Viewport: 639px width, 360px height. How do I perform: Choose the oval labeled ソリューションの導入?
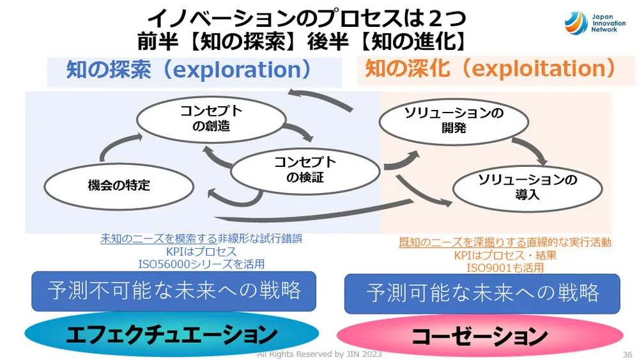tap(527, 187)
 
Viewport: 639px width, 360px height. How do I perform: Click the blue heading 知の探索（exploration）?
tap(189, 69)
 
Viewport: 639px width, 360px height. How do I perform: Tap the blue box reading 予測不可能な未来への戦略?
tap(174, 291)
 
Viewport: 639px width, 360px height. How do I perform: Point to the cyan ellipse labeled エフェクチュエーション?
tap(171, 334)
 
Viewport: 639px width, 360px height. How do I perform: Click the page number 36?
tap(626, 354)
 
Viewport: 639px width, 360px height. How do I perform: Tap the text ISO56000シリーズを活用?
tap(201, 263)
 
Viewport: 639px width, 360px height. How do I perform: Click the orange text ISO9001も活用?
tap(505, 267)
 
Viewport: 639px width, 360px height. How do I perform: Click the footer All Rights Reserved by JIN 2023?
tap(319, 354)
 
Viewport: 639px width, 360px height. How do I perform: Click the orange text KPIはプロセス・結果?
tap(505, 255)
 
